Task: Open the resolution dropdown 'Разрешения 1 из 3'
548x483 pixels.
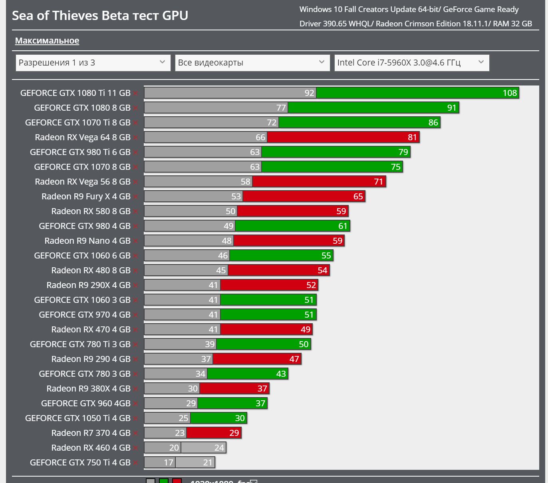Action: [93, 63]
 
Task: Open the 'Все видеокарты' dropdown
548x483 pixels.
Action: [252, 63]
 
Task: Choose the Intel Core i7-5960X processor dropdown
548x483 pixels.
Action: [411, 63]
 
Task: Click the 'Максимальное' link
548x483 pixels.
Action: [47, 41]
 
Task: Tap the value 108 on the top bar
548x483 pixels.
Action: [510, 93]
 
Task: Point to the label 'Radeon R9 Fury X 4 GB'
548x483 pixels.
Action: [86, 196]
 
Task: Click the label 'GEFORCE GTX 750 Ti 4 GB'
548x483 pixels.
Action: [80, 462]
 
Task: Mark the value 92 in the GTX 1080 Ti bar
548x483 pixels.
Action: [309, 93]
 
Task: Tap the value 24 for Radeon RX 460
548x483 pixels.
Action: [219, 448]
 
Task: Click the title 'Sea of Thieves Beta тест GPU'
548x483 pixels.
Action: [100, 16]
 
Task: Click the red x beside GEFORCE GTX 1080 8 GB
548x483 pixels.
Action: [136, 108]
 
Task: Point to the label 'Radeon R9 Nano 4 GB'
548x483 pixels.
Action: [87, 241]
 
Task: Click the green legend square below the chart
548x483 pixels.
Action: [164, 481]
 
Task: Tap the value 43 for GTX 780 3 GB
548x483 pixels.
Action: [281, 374]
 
